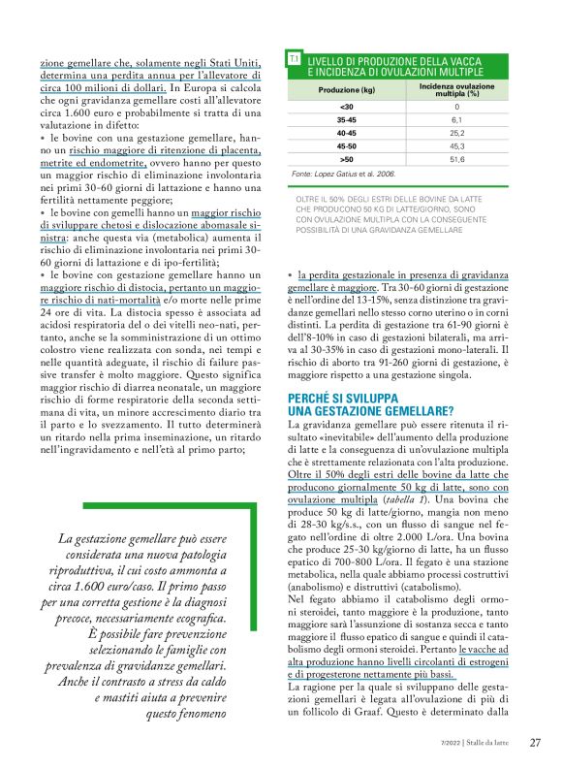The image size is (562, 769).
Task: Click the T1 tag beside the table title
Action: coord(295,60)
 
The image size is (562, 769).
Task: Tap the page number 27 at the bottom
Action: coord(534,743)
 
